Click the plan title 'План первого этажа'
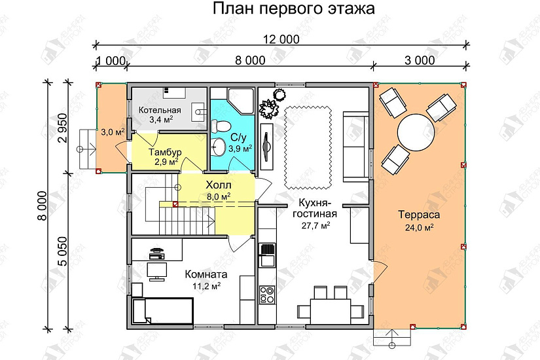(293, 9)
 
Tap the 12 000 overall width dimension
(281, 39)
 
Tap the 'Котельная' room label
(160, 111)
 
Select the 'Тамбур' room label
(159, 152)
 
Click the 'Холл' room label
(217, 185)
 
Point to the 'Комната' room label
(206, 275)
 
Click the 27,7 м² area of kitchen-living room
(315, 225)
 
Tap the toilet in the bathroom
(222, 124)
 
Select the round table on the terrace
(416, 133)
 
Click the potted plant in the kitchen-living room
(268, 107)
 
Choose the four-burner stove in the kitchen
(267, 294)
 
